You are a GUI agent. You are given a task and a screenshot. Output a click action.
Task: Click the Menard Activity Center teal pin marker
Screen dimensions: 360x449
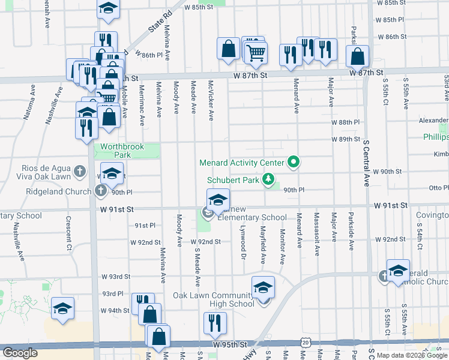(294, 162)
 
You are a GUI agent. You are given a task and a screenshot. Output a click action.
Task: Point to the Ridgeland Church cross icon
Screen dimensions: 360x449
(100, 191)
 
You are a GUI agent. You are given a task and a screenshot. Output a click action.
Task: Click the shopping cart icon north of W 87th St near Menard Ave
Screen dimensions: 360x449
(256, 53)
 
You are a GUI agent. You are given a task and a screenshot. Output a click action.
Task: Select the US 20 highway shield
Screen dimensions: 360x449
(306, 341)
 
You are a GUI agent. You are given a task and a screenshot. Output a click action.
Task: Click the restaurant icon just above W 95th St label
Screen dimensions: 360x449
(212, 323)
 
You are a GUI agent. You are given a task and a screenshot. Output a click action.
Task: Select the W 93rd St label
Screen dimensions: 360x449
(115, 277)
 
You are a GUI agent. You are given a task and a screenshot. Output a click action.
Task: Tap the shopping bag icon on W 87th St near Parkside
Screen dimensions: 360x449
(358, 56)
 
